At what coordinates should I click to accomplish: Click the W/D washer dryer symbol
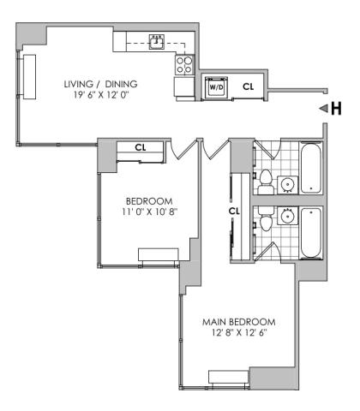217,86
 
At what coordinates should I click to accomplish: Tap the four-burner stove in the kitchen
184,65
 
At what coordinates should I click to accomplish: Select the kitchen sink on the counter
157,42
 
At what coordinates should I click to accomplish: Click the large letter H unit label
336,109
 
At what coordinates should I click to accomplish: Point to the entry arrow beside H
323,109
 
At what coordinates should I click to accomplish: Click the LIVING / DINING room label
100,84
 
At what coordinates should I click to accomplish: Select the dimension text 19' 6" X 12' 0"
101,95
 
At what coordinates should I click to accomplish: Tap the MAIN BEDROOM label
239,322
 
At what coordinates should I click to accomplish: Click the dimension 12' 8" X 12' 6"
239,333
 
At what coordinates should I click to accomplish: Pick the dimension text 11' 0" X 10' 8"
150,211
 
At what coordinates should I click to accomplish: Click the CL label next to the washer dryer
248,86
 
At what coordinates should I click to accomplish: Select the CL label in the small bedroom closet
141,147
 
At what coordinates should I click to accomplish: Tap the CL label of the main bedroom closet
234,211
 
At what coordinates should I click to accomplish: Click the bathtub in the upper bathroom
310,168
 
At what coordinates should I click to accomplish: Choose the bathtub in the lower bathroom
310,233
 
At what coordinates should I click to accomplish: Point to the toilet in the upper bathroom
266,182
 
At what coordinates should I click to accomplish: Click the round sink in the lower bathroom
287,216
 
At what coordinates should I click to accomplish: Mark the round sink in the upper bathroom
287,185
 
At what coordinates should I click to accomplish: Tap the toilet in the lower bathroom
266,218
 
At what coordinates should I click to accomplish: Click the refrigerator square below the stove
184,86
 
